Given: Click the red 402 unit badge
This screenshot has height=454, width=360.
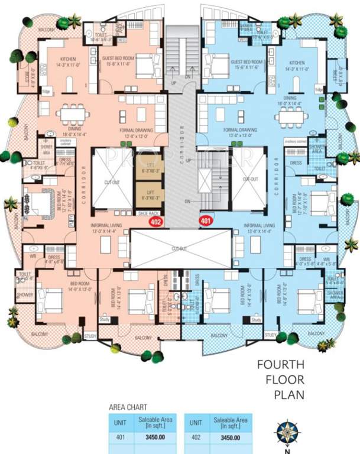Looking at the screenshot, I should [x=155, y=223].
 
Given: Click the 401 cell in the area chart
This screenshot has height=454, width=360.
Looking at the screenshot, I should [x=120, y=437].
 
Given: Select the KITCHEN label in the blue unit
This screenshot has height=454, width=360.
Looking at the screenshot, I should [x=296, y=62].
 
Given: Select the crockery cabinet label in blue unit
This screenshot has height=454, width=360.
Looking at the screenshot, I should [x=295, y=142].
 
